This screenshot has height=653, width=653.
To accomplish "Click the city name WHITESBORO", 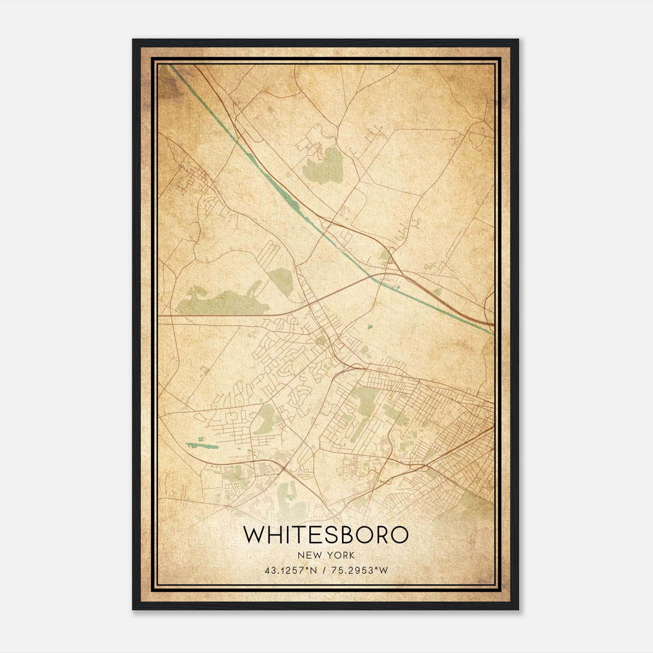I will (326, 535).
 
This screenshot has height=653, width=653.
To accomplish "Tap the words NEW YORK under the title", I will (326, 555).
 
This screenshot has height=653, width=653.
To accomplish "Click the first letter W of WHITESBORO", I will (253, 535).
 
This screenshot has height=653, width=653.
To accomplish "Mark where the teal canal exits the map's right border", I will (493, 333).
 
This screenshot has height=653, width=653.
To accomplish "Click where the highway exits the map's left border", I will (159, 315).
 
